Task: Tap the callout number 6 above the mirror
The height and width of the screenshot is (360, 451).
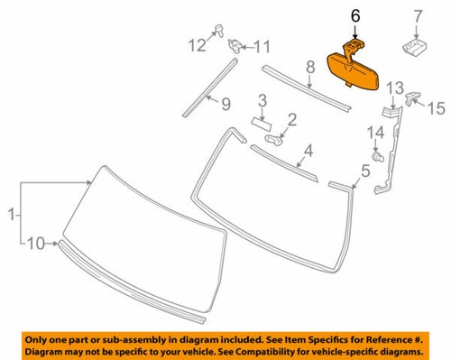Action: [x=354, y=15]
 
